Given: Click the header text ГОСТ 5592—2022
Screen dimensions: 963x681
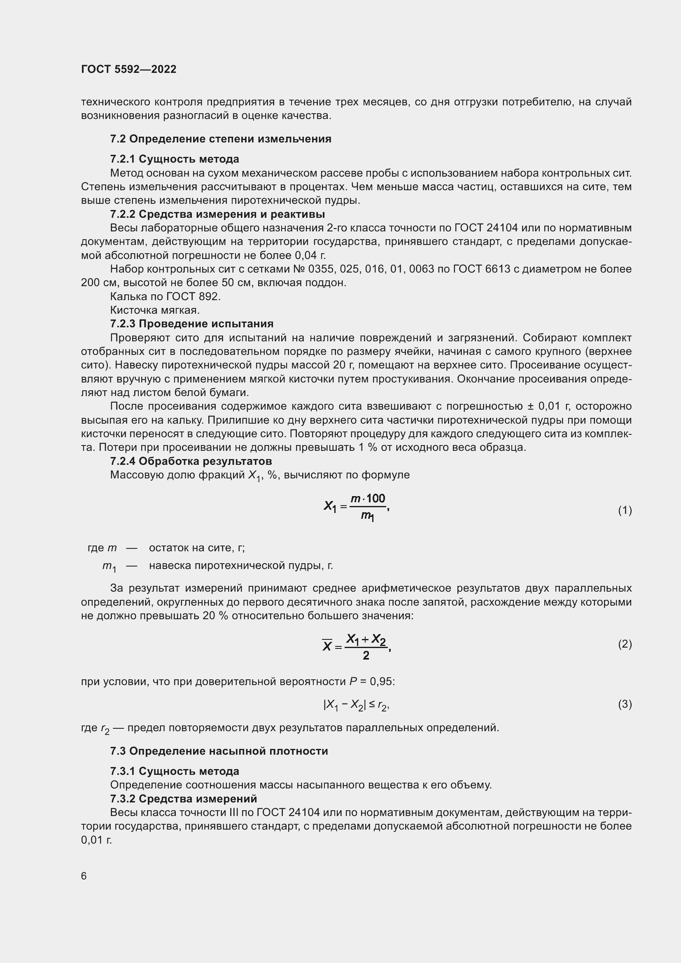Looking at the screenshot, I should [129, 69].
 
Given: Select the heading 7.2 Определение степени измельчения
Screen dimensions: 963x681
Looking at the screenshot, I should [221, 139].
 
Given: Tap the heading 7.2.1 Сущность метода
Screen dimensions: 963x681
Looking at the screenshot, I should [175, 159].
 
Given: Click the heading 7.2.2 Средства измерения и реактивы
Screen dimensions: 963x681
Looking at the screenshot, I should [217, 214].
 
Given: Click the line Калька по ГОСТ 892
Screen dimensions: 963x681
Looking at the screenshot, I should [165, 296].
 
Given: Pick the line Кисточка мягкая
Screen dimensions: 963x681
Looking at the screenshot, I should [155, 310].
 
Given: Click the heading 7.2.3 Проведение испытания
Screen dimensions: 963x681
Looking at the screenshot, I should [191, 324].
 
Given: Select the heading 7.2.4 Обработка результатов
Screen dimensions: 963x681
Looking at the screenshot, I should [191, 461].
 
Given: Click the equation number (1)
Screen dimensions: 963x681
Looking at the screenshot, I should [625, 510].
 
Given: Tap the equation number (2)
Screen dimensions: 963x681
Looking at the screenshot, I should [625, 644].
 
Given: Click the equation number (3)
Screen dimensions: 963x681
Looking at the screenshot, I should [625, 704].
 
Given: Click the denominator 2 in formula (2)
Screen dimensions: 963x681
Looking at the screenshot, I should [366, 655].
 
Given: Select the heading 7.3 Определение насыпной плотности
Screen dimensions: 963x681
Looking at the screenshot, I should [219, 751].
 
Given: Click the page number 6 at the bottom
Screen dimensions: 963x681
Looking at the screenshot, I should [84, 876].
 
